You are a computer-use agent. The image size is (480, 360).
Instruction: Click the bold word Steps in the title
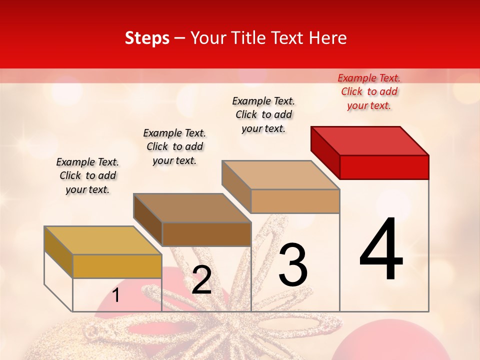click(147, 38)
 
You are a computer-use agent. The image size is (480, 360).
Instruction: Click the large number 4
click(381, 249)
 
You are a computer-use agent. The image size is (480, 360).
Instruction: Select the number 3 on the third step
click(293, 265)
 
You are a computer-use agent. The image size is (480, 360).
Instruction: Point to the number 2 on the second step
click(201, 280)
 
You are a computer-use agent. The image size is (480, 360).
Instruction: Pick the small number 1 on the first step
click(116, 295)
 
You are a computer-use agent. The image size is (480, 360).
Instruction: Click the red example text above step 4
click(369, 91)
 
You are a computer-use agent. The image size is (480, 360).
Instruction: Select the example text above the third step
click(263, 114)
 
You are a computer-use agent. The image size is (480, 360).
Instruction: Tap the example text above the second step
click(174, 146)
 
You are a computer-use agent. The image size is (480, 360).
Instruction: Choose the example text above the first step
click(87, 175)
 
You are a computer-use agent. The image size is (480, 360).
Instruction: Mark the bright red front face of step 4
click(384, 167)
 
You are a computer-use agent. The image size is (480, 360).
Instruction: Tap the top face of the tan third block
click(280, 175)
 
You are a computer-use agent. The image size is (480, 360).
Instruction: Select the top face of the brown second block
click(192, 208)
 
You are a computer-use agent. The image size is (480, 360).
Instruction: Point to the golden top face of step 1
click(103, 240)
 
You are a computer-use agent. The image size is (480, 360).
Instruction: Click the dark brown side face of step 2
click(147, 219)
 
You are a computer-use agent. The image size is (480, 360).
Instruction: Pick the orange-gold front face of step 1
click(117, 266)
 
